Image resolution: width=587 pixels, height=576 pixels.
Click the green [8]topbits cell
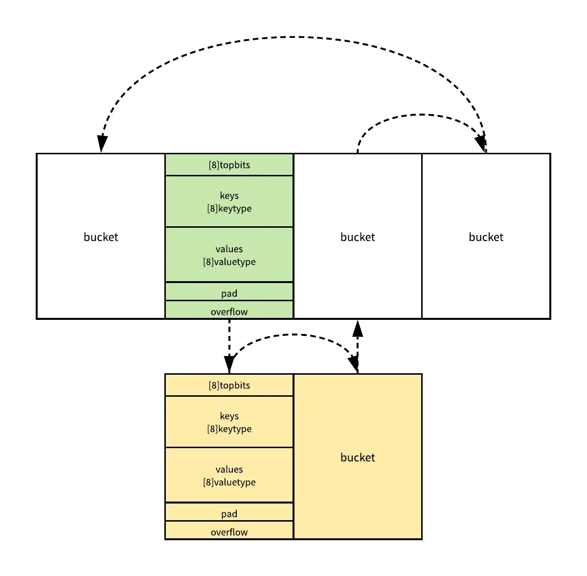(229, 165)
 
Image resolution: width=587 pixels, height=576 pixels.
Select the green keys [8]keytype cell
(229, 202)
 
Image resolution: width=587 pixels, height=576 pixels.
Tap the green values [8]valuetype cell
(229, 255)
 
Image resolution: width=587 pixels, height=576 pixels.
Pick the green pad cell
(229, 293)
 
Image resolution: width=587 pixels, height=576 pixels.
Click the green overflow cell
(229, 311)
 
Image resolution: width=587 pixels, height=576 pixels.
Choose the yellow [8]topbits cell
(229, 385)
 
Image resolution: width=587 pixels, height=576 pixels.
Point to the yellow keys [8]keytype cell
(229, 422)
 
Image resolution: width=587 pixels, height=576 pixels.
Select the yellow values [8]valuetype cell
(229, 476)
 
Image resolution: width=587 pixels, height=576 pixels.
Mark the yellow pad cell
(229, 513)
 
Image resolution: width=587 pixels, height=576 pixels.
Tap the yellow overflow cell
(229, 531)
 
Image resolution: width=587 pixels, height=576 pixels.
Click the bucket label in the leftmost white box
(101, 237)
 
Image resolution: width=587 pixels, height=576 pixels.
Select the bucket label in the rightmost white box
(486, 237)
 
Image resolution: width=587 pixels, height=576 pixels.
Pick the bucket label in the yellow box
(358, 457)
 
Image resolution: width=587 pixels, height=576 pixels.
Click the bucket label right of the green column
(358, 237)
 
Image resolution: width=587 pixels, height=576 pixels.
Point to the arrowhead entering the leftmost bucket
(102, 144)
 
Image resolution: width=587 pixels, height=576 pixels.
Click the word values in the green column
(229, 249)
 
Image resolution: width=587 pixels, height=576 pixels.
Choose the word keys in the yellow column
(229, 416)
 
